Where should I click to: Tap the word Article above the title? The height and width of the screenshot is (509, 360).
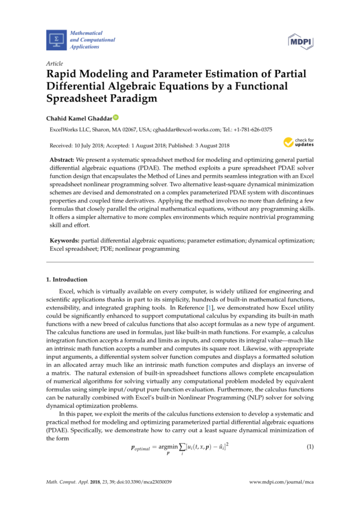[x=55, y=64]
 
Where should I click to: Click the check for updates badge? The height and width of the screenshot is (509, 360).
[x=299, y=142]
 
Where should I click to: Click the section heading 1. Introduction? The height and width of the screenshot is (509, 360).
[x=67, y=280]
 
